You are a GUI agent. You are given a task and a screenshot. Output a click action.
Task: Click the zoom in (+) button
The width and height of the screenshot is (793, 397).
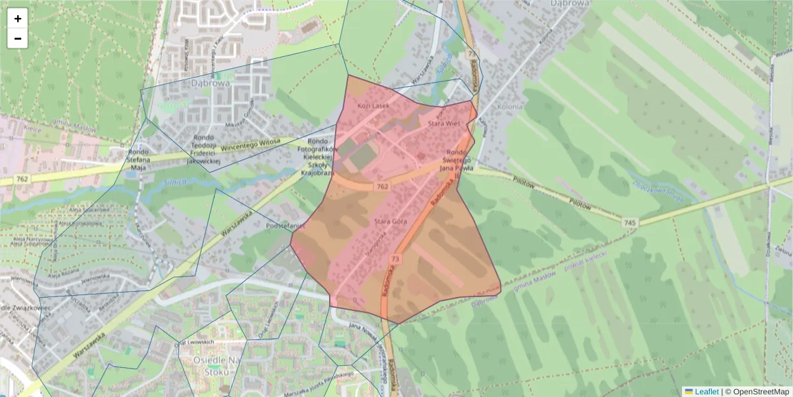pos(18,19)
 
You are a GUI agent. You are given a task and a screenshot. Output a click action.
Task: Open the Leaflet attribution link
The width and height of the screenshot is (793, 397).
pos(706,392)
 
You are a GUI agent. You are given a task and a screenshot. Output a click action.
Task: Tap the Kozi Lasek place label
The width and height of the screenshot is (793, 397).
pos(374,105)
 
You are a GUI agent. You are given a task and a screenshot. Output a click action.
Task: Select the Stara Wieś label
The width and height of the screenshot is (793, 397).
pos(443,123)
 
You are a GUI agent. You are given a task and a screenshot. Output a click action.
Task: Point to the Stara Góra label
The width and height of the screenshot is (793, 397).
pos(390,221)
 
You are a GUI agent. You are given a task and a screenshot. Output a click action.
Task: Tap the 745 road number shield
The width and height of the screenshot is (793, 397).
pos(630,223)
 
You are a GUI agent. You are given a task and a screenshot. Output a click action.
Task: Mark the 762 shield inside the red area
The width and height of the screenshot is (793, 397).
pos(382,187)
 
